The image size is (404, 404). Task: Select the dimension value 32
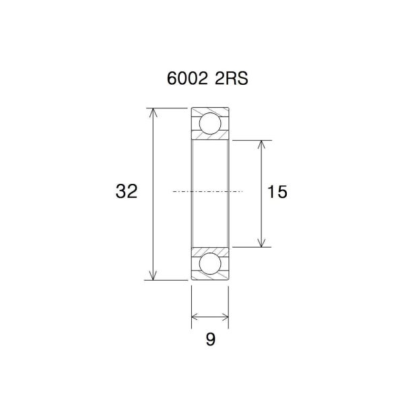[127, 192]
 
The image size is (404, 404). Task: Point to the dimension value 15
[277, 192]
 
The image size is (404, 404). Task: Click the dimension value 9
[210, 340]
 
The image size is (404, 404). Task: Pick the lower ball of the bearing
[210, 263]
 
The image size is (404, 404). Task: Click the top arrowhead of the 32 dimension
[154, 112]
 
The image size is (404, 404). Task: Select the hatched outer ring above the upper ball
[210, 110]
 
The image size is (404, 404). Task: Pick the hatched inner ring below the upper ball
[210, 137]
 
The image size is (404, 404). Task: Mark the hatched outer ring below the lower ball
[210, 276]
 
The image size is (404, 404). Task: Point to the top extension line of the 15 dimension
[249, 140]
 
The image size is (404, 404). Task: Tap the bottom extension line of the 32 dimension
[168, 279]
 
